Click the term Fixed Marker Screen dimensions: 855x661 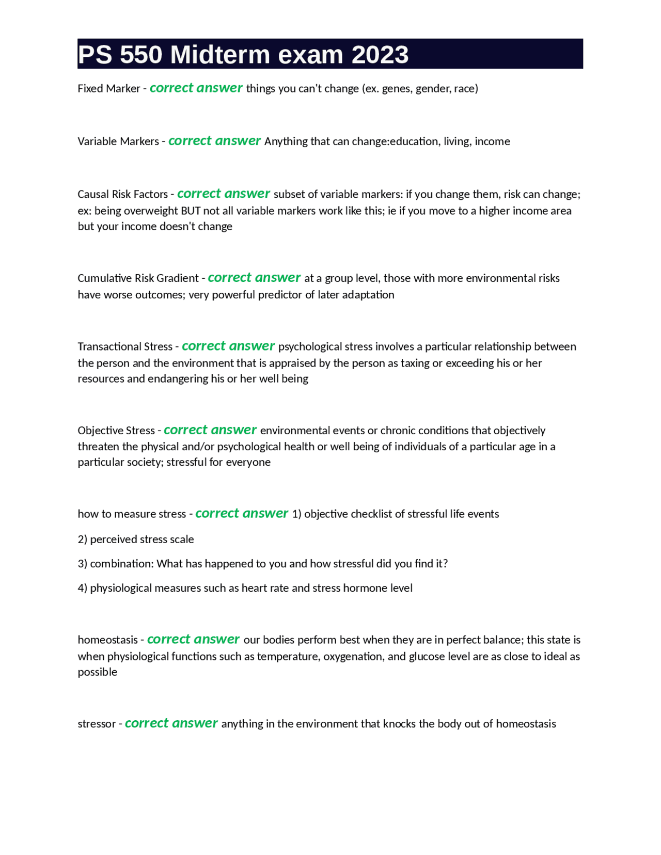tap(108, 89)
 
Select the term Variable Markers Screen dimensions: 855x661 tap(118, 141)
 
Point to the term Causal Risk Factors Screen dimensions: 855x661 tap(122, 195)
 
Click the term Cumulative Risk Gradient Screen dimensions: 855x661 tap(138, 278)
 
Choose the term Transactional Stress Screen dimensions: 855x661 tap(125, 346)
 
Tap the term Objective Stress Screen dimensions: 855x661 tap(116, 431)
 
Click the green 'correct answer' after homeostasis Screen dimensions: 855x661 tap(193, 639)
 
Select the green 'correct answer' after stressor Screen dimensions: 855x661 tap(171, 723)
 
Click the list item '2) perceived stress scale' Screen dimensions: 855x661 tap(136, 540)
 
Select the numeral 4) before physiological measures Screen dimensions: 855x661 tap(83, 588)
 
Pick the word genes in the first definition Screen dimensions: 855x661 tap(396, 89)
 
